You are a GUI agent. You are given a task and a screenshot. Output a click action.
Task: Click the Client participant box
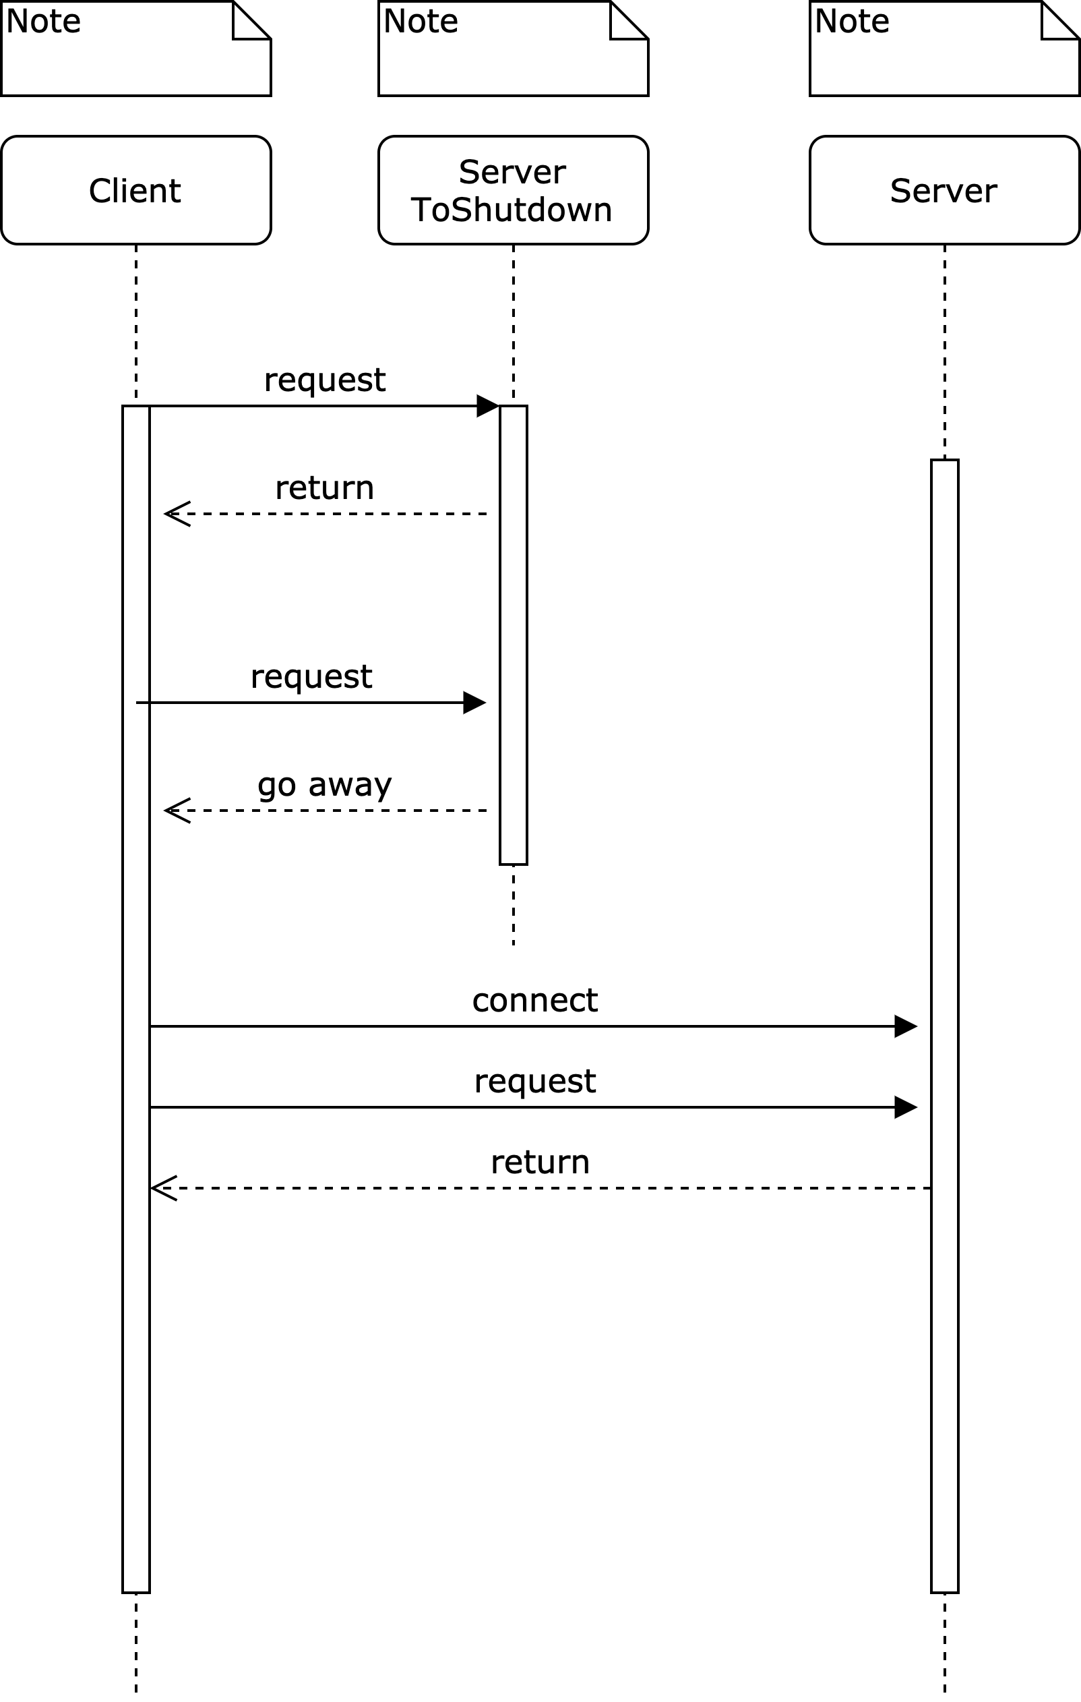pos(135,190)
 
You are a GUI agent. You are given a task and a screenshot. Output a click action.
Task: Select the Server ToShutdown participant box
pos(513,190)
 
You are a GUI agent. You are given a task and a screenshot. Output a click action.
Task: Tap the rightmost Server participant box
pos(944,190)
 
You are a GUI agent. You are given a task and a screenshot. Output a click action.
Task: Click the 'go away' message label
pos(324,784)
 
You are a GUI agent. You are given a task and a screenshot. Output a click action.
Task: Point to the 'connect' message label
pos(535,1000)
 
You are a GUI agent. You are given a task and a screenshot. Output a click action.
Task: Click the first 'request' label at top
pos(324,380)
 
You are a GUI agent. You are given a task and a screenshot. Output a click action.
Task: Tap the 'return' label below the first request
pos(324,488)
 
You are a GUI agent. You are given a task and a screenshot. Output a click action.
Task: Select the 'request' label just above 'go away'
pos(311,677)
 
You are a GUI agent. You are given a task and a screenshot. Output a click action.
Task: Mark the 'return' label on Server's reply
pos(540,1162)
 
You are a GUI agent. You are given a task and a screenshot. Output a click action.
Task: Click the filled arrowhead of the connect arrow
pos(906,1026)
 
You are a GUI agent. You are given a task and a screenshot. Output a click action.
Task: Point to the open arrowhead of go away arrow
pos(176,811)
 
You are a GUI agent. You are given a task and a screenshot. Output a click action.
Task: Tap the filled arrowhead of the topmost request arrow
pos(488,406)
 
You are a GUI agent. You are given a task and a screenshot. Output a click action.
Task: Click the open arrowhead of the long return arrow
pos(162,1188)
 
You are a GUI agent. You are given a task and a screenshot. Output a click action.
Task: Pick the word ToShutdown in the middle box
pos(511,210)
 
